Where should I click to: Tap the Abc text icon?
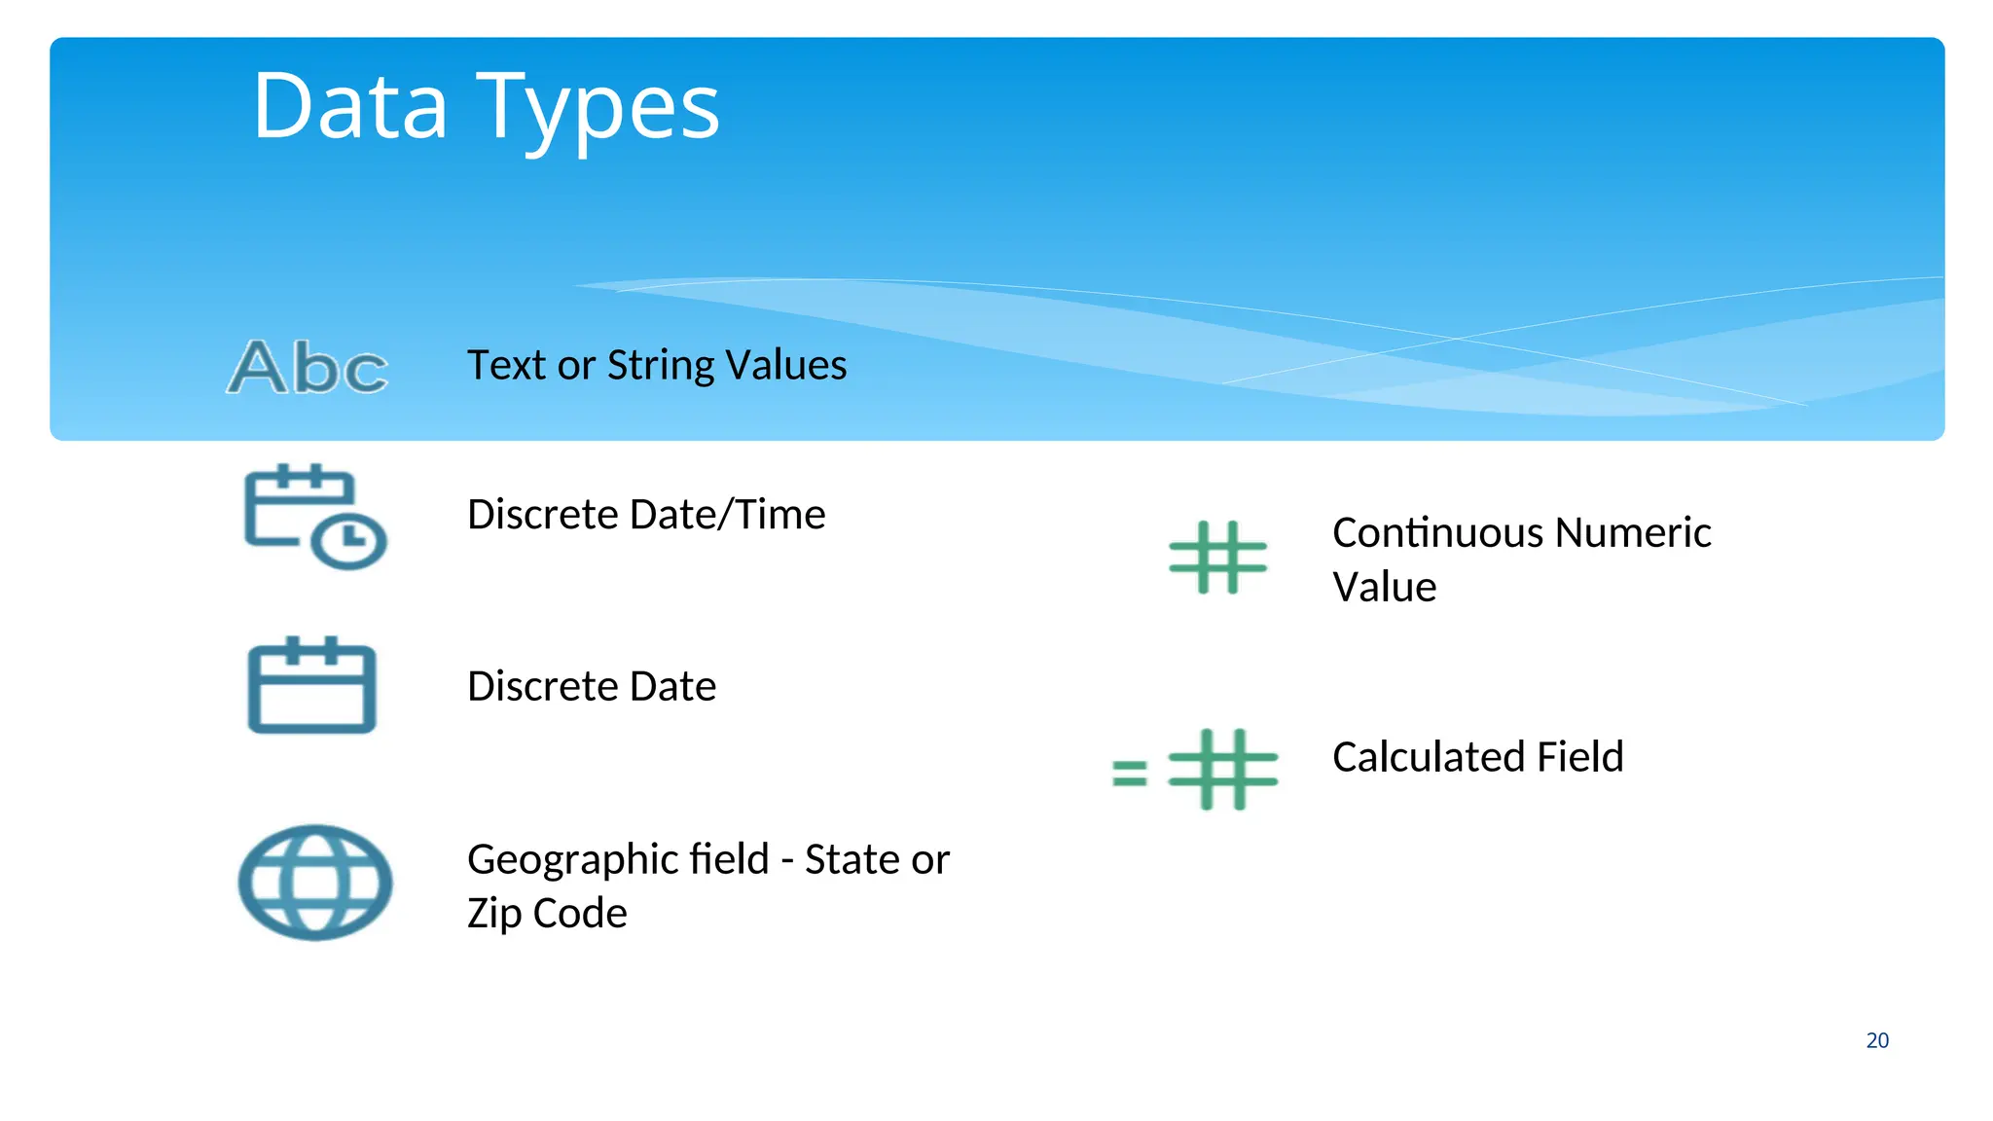[x=308, y=368]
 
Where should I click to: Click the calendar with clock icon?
[x=313, y=516]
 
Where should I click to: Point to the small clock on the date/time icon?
[x=349, y=539]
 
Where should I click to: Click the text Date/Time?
[x=728, y=514]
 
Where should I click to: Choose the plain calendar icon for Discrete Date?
[x=311, y=686]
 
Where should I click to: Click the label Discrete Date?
[x=592, y=686]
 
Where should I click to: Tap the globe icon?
[x=315, y=883]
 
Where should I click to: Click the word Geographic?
[x=618, y=859]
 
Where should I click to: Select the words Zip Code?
[x=547, y=913]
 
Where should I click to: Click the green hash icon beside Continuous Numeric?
[x=1217, y=558]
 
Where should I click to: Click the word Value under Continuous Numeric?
[x=1384, y=588]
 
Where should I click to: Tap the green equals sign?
[x=1130, y=774]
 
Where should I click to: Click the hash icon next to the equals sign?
[x=1222, y=769]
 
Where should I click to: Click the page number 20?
[x=1877, y=1040]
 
